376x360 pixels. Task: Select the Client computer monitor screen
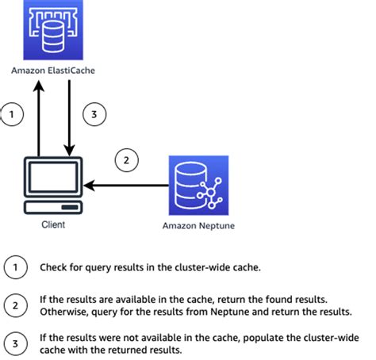pos(52,178)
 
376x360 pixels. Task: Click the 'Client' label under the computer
pos(53,224)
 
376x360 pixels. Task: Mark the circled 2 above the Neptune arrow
pos(125,161)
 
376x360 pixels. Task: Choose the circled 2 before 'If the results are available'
pos(14,304)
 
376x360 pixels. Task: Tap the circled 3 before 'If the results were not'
pos(14,343)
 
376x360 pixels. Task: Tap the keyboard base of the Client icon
pos(52,208)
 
